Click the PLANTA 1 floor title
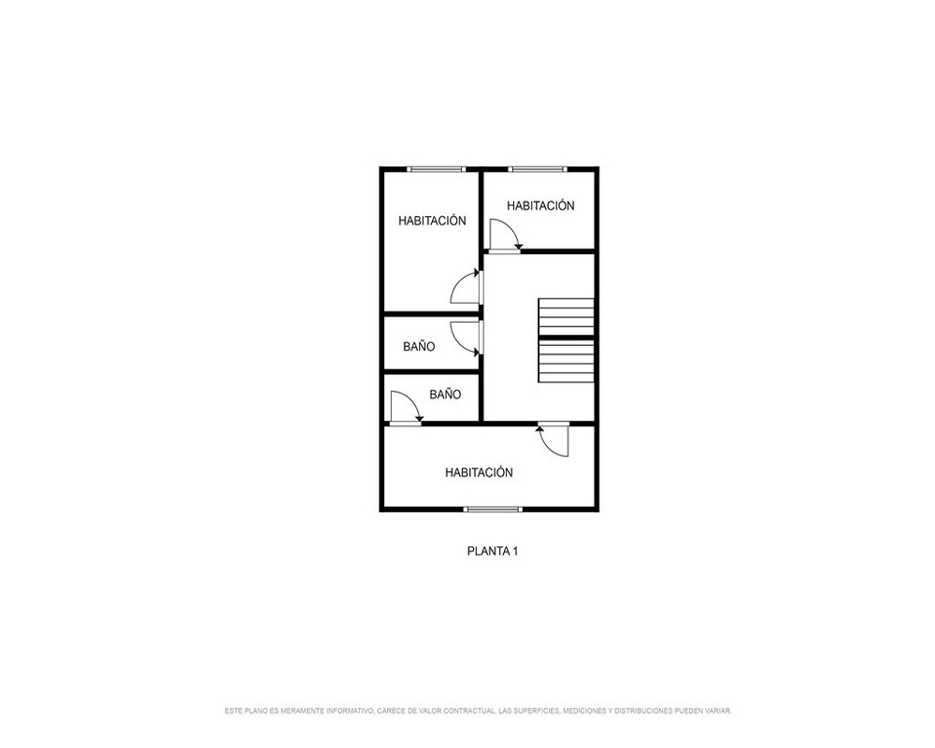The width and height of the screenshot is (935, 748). pos(492,551)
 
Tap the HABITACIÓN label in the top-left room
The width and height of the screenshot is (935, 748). pos(432,221)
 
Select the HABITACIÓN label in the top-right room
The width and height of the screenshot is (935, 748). pos(540,206)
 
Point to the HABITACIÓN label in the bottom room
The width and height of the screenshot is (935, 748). pos(479,472)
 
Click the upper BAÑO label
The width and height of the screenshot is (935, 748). pos(419,346)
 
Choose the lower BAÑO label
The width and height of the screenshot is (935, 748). pos(445,394)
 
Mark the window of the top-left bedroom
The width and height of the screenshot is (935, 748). pos(436,169)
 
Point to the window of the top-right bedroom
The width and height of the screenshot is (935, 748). pos(538,169)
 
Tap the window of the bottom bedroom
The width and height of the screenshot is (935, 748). pos(493,509)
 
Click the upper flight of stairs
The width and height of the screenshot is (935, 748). pos(566,317)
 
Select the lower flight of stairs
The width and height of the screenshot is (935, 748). pos(566,361)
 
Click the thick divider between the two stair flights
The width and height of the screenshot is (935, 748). pos(566,338)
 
